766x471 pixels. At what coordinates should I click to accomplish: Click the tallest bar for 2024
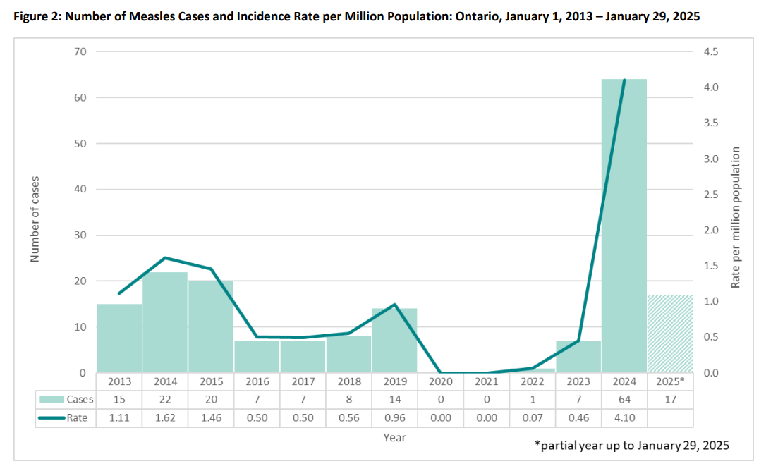624,226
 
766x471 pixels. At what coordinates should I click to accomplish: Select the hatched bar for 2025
670,334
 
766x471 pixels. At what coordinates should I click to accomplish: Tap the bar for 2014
165,322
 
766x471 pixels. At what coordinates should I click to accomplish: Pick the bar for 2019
394,341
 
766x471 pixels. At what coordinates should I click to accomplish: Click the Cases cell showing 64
624,399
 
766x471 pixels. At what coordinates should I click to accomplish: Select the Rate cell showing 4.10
624,417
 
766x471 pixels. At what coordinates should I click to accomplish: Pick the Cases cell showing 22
165,399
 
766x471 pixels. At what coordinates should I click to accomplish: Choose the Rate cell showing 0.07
532,417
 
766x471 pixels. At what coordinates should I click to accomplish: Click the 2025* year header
670,381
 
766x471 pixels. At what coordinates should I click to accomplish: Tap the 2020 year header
440,381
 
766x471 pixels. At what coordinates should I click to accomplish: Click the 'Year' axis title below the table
394,437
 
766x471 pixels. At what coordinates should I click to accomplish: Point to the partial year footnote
631,446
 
